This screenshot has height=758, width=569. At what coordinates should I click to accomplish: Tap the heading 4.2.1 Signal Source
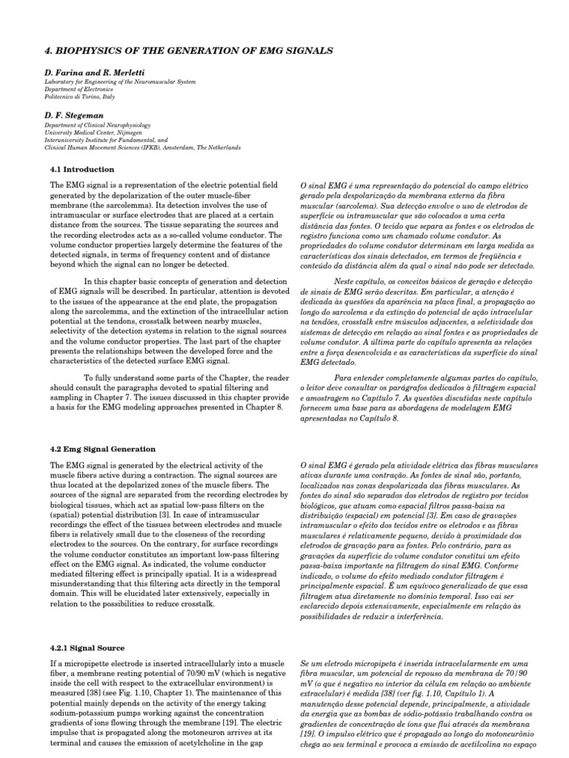(85, 648)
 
